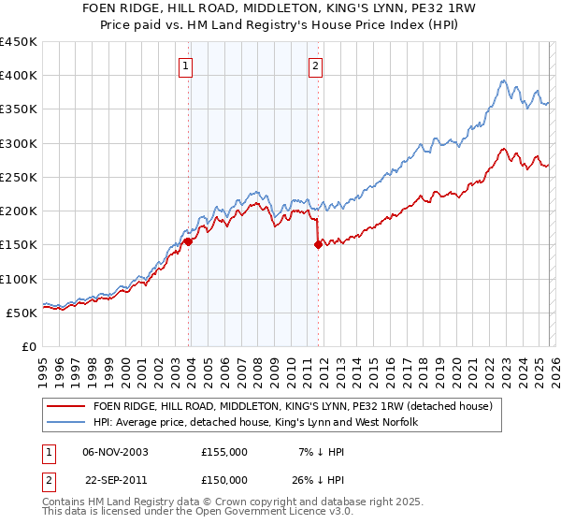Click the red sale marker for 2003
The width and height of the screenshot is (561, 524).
[x=189, y=241]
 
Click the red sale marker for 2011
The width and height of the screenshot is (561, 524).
[x=318, y=245]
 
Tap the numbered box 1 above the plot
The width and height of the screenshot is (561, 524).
[x=187, y=65]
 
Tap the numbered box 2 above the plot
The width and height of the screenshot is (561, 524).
[x=316, y=65]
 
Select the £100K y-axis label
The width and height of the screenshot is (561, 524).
[x=19, y=279]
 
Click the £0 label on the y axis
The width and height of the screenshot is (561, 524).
[x=30, y=346]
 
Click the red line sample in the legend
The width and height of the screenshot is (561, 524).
[x=66, y=406]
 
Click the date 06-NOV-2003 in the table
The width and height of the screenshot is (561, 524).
[x=115, y=452]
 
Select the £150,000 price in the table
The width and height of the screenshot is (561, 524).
[x=224, y=480]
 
